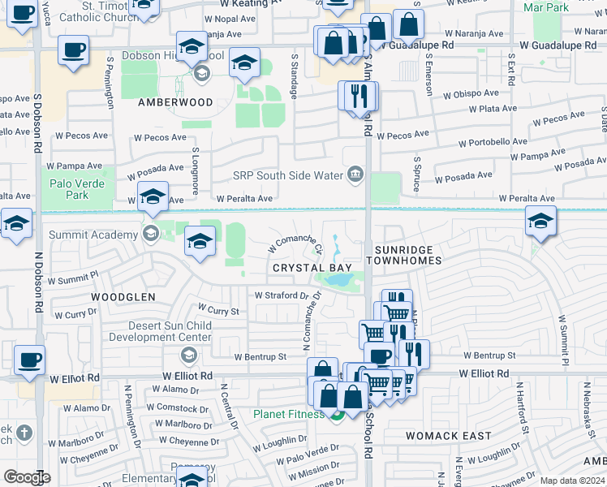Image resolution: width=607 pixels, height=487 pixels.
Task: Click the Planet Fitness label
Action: pyautogui.click(x=287, y=414)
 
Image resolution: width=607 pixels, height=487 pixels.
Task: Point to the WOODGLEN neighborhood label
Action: pyautogui.click(x=123, y=298)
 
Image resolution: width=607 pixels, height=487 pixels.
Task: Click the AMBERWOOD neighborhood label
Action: pyautogui.click(x=175, y=103)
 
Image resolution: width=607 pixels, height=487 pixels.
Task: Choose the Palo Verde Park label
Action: pyautogui.click(x=77, y=189)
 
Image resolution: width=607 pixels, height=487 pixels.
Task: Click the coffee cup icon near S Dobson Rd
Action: pyautogui.click(x=73, y=50)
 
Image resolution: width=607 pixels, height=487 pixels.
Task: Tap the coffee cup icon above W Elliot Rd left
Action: pyautogui.click(x=29, y=358)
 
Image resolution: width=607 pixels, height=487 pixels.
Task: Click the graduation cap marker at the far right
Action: pyautogui.click(x=541, y=220)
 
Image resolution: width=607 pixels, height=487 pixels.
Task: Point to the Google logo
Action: pyautogui.click(x=27, y=477)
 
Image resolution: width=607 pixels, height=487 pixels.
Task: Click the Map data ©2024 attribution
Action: pyautogui.click(x=572, y=481)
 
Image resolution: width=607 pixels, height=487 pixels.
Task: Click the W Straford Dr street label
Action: pyautogui.click(x=282, y=296)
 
